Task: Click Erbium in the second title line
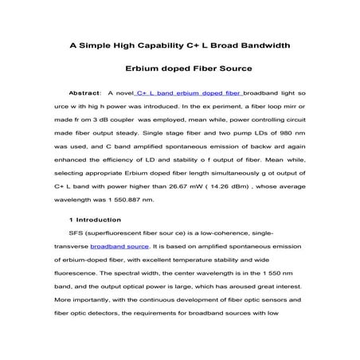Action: (x=145, y=69)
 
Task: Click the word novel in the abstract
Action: (x=125, y=93)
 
